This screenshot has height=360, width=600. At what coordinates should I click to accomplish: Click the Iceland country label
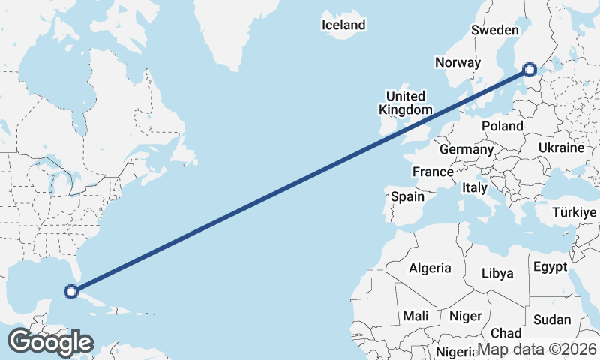pos(343,25)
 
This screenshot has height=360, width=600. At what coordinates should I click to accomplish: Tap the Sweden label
pos(495,30)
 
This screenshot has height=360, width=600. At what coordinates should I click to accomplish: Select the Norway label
pos(457,62)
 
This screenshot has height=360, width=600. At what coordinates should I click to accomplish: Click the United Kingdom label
pos(405,103)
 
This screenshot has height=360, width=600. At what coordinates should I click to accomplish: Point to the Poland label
pos(502,125)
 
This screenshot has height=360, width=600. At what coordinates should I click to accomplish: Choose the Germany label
pos(466,149)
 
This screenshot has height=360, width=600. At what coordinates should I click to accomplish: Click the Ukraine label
pos(560,148)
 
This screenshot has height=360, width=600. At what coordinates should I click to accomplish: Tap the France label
pos(433,172)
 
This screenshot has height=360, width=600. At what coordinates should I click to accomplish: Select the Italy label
pos(475,187)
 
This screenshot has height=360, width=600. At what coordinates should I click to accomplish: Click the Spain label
pos(407,197)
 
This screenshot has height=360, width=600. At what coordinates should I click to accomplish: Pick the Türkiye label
pos(574,213)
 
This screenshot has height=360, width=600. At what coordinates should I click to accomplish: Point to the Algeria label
pos(430,268)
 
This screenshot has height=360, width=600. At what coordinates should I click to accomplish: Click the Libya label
pos(497,273)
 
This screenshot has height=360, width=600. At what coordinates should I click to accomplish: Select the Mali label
pos(415,316)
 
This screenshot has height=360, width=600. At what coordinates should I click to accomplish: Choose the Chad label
pos(506,332)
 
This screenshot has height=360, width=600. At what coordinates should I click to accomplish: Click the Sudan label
pos(552,319)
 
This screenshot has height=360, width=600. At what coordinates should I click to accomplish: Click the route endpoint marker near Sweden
pos(529,70)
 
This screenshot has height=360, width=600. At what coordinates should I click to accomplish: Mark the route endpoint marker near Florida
pos(71,292)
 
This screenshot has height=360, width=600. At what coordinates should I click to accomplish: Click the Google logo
pos(50,342)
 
